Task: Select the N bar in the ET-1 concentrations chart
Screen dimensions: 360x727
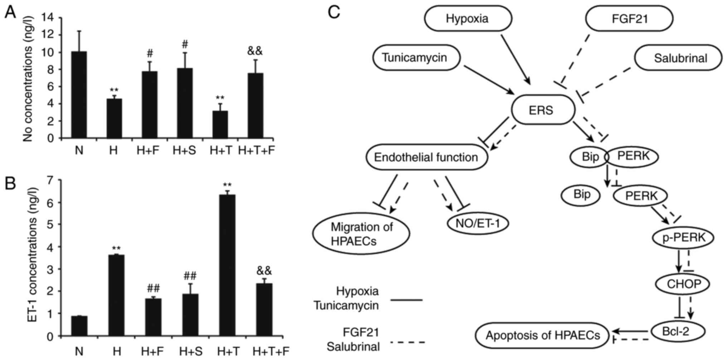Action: click(x=79, y=326)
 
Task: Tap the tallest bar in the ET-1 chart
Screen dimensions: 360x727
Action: click(x=227, y=265)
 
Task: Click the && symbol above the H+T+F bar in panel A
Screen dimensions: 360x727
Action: click(x=255, y=51)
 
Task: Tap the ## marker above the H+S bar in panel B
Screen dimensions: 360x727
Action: click(x=190, y=276)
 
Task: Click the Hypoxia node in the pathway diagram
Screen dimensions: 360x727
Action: click(x=468, y=18)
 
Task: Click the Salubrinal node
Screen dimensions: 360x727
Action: click(x=678, y=58)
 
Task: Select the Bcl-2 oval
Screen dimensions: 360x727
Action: click(x=678, y=331)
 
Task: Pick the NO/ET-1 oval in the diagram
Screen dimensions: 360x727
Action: click(x=478, y=223)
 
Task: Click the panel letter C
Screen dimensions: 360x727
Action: click(x=334, y=13)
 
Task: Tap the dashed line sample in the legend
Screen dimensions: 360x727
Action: click(x=408, y=342)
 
